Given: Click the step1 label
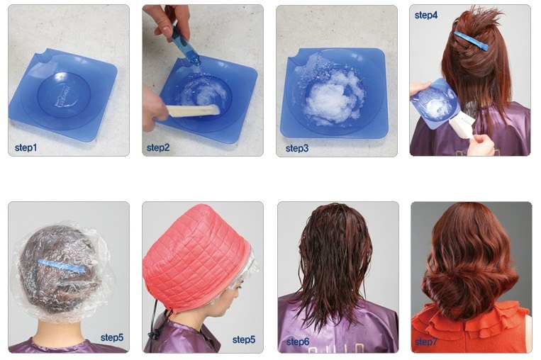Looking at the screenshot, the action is coord(26,148).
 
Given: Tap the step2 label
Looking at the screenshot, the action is coord(158,148).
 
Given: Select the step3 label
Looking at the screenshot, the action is coord(297,149).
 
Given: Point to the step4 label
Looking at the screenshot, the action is coord(426,15).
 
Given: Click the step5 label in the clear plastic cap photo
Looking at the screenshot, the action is coord(112,337).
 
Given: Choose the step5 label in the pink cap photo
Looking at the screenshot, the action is coord(244,339).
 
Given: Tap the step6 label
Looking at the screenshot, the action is coord(298,342).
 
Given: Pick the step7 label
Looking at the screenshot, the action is coord(426,342).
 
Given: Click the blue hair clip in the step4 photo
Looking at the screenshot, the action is coord(472,40).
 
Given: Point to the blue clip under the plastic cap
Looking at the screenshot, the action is coord(62,266).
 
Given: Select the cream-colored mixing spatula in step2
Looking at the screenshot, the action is coord(193,111).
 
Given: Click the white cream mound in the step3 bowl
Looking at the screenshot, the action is coord(332,97).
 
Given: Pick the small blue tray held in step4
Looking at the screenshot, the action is coord(435,103).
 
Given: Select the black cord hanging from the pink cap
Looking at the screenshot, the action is coord(156,324).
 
